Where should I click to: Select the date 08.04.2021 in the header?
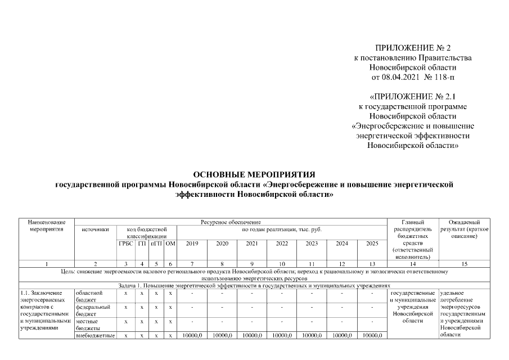click(x=401, y=76)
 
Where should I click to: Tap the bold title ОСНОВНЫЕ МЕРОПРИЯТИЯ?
click(x=254, y=174)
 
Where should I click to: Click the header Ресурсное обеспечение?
click(x=231, y=222)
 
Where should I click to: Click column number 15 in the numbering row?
click(x=464, y=263)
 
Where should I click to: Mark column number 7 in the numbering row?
click(x=192, y=263)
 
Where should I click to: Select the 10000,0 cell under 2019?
click(x=192, y=335)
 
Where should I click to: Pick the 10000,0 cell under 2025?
click(x=371, y=335)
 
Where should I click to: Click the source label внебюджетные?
click(x=95, y=335)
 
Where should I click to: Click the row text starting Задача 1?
click(x=254, y=285)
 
